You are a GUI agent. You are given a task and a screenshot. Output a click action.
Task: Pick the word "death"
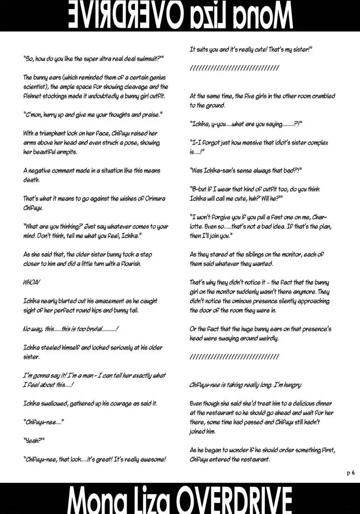tap(31, 180)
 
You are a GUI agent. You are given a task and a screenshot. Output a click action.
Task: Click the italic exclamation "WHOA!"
tap(32, 283)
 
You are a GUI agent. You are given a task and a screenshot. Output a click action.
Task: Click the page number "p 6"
tap(351, 472)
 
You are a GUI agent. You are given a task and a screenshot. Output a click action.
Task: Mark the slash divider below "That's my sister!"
tap(234, 68)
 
